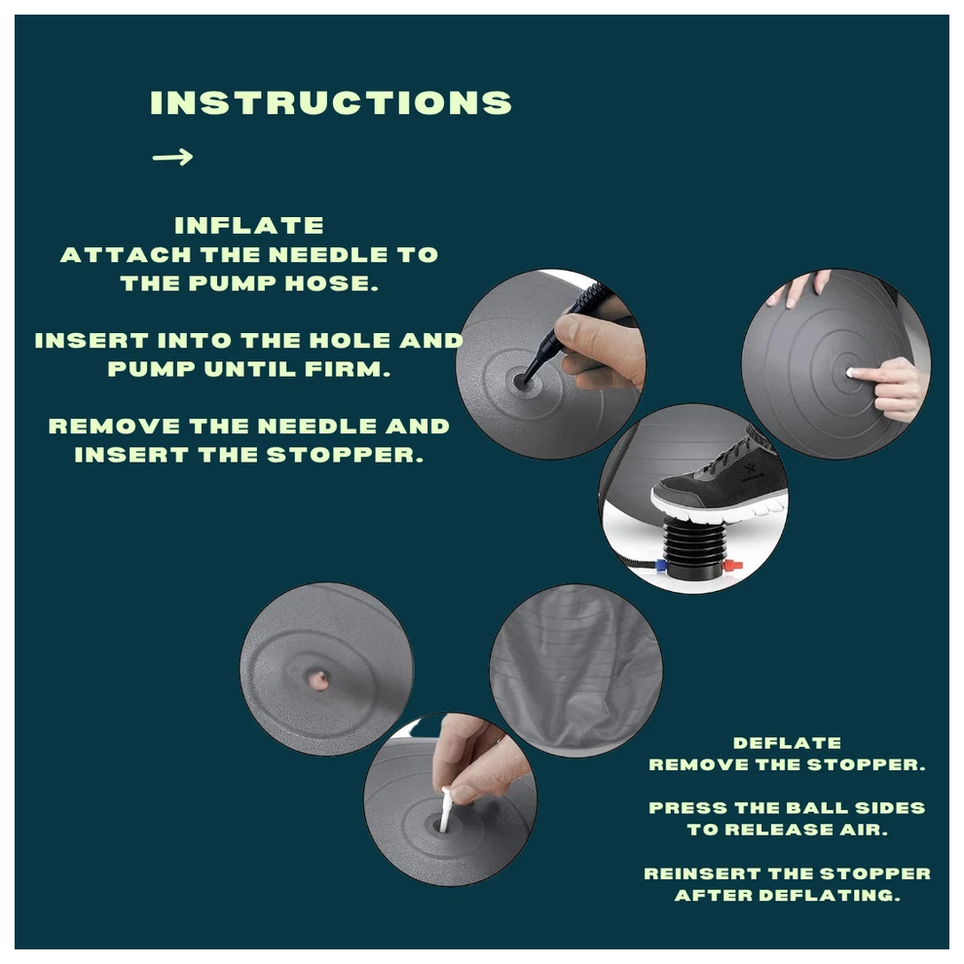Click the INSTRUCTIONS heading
pos(331,102)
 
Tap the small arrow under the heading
pos(172,157)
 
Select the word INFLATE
pos(249,226)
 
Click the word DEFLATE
pos(787,743)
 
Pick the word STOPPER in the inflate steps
pos(345,455)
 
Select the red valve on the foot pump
pos(733,565)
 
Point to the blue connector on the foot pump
pos(660,566)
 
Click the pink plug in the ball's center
pos(318,681)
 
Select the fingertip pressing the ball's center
pos(852,373)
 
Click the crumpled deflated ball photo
pos(576,671)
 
